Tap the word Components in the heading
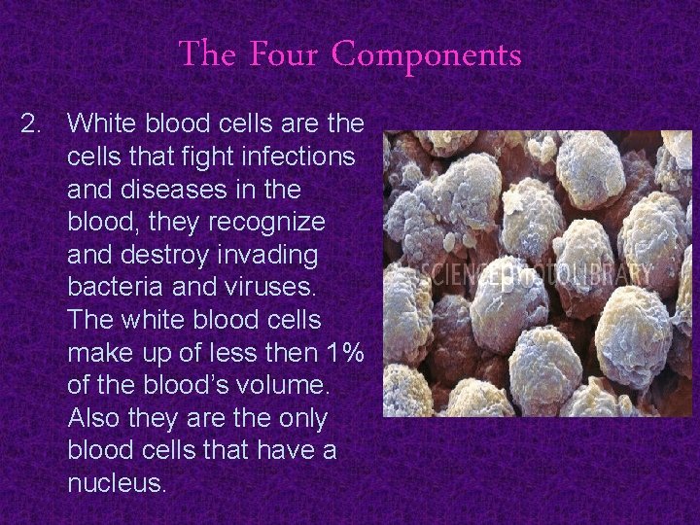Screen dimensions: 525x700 [427, 55]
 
